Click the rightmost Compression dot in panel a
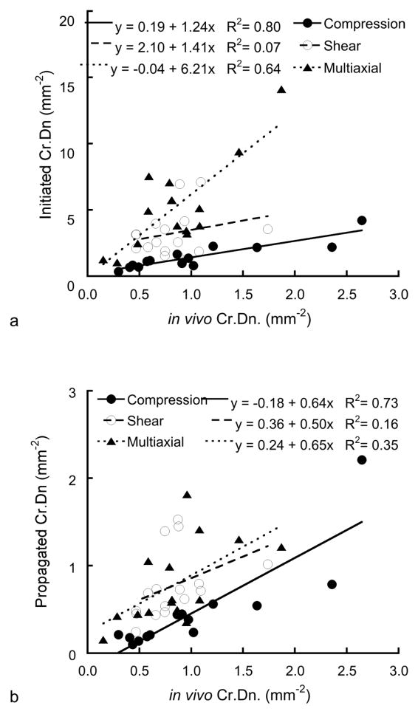362,221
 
